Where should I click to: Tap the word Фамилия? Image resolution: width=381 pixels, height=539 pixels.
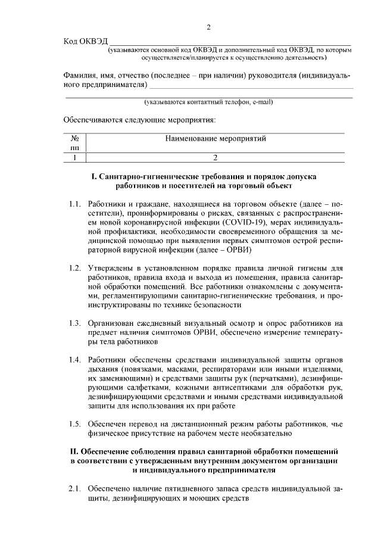coord(82,76)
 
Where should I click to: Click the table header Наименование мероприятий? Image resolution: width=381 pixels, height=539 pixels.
coord(215,139)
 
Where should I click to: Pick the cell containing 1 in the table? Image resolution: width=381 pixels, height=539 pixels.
coord(75,158)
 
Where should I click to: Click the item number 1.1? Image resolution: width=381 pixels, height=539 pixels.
coord(74,204)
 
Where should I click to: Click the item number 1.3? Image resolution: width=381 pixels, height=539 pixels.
coord(74,323)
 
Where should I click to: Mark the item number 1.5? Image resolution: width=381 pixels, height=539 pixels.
coord(74,423)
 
